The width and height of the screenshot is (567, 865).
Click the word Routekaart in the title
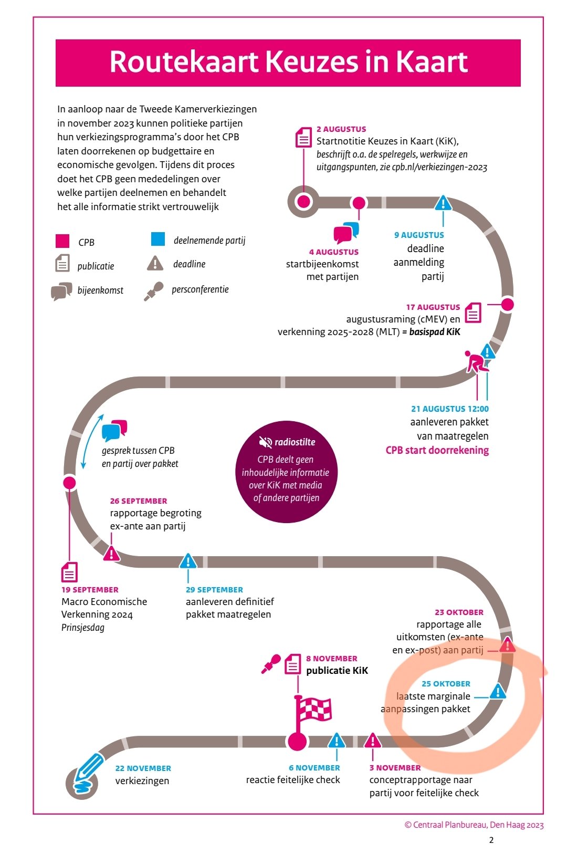184,62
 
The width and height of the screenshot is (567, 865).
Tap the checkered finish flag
313,711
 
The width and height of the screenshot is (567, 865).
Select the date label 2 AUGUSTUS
341,129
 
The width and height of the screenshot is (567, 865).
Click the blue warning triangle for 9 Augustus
443,203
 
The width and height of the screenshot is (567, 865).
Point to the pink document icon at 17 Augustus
473,312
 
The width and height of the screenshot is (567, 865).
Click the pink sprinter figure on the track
476,362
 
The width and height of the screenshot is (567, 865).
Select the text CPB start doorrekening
437,450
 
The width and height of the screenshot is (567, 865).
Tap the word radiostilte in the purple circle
295,442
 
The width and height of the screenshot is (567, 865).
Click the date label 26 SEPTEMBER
139,501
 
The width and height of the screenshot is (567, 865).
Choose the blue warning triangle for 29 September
188,562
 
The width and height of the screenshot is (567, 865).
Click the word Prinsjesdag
83,628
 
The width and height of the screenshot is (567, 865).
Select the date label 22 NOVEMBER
143,768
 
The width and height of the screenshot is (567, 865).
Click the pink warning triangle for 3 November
373,741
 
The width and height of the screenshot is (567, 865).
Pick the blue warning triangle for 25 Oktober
498,692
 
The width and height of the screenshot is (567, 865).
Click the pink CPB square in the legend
62,241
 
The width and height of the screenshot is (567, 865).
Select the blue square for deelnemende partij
158,239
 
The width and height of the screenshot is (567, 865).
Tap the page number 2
491,840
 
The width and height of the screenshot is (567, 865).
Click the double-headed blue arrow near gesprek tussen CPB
92,441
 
